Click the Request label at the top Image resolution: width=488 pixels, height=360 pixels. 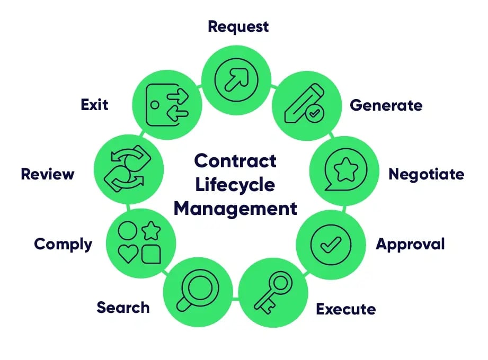coord(238,26)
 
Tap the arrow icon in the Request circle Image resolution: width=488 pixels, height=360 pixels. coord(236,81)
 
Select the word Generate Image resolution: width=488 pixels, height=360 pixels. coord(386,105)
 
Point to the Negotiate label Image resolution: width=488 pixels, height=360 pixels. coord(426,174)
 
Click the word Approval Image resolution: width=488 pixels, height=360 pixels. coord(410,244)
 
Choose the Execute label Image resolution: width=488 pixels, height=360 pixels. coord(345,309)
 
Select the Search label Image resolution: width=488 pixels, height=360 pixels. coord(123,307)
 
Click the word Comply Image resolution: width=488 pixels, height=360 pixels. coord(63,244)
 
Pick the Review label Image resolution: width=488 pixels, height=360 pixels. coord(48,174)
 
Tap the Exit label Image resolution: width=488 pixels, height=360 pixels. coord(94,104)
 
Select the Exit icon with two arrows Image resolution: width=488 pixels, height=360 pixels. coord(166,104)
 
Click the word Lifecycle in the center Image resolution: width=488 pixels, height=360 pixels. coord(235,185)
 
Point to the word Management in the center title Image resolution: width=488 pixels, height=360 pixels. coord(235,208)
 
